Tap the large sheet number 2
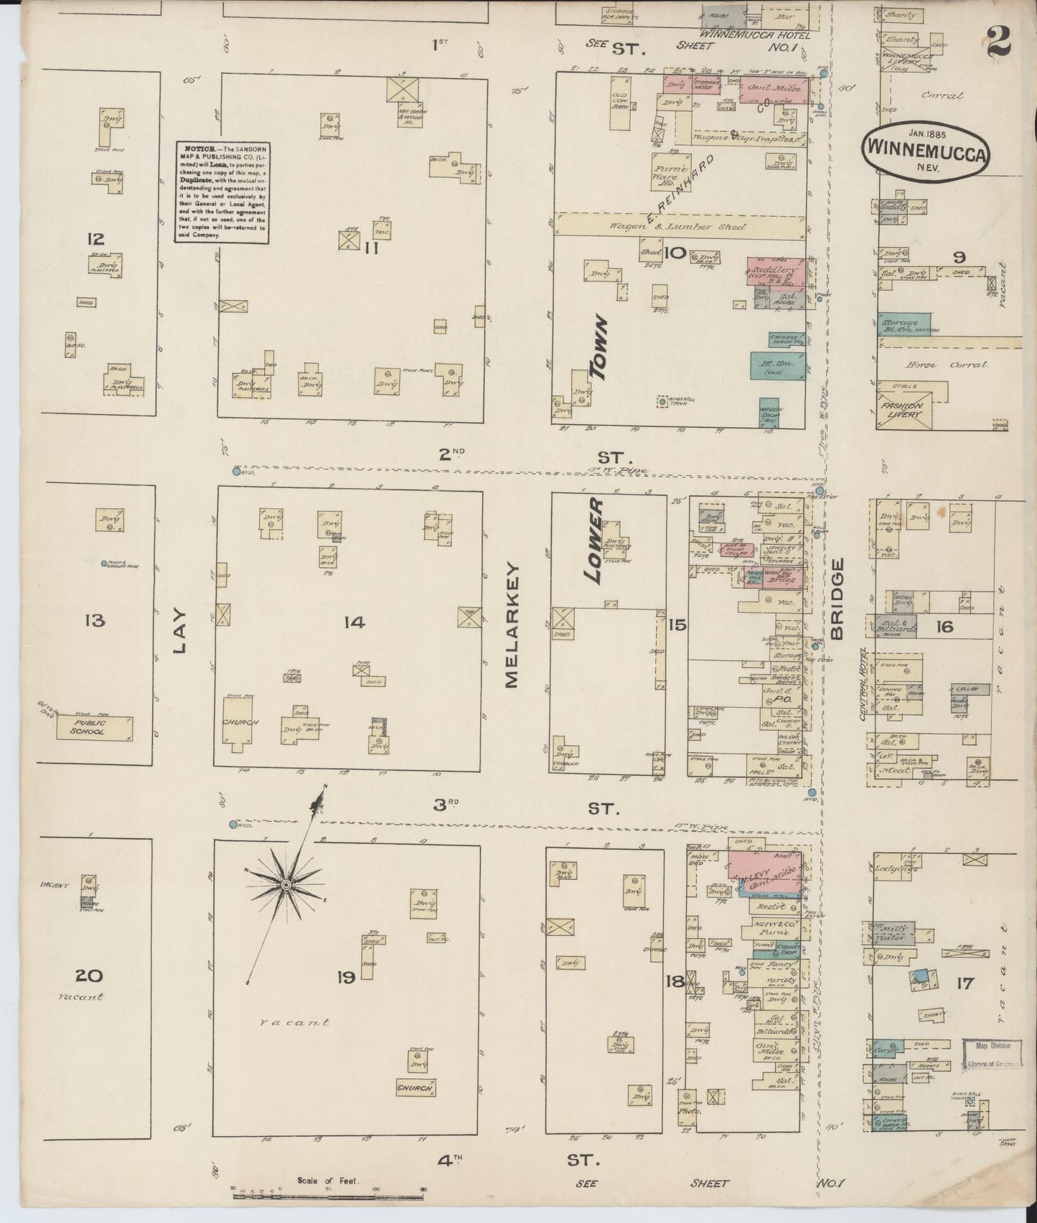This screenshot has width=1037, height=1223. [999, 43]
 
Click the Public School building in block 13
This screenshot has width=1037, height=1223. [95, 728]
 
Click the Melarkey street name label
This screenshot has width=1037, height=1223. [512, 625]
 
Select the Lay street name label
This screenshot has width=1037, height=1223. [179, 632]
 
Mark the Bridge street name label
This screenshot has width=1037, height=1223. [837, 599]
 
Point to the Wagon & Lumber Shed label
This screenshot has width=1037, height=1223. [678, 226]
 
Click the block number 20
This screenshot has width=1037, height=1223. [92, 975]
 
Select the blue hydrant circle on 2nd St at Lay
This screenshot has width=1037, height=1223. [236, 472]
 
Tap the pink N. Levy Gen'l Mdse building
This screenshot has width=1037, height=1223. [765, 871]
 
